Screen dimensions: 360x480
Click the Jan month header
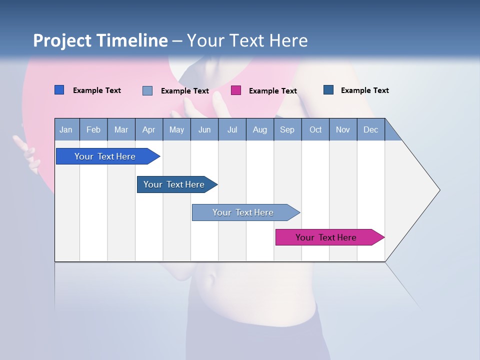point(66,129)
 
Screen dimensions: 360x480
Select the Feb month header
point(93,129)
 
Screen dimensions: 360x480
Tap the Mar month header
point(121,129)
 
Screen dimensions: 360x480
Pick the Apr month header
point(149,129)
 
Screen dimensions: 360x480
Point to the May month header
point(176,129)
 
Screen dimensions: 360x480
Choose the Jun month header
point(204,129)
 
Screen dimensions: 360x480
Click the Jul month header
point(232,129)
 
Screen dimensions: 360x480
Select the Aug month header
point(260,129)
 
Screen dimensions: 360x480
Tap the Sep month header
point(287,129)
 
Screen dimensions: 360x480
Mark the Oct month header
point(315,129)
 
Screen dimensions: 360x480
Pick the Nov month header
point(343,129)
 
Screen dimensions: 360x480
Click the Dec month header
point(371,129)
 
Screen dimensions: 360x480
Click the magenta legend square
point(236,90)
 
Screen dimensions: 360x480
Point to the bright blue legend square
point(59,90)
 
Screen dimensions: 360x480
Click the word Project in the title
point(62,40)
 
